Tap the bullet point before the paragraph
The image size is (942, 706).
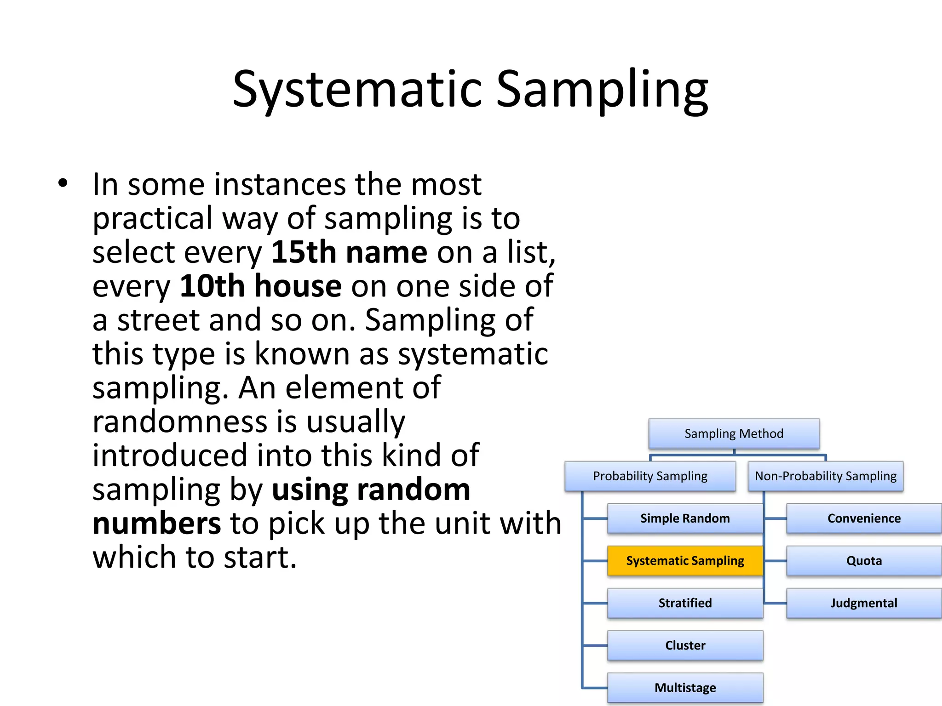tap(63, 183)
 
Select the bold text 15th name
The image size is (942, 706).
tap(349, 252)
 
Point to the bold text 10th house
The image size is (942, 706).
tap(260, 286)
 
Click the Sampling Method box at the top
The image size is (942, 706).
tap(734, 433)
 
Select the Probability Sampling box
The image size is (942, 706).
tap(650, 476)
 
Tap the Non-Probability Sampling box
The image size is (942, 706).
tap(825, 476)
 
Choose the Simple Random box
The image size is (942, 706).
tap(685, 518)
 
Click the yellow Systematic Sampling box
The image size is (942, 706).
tap(685, 561)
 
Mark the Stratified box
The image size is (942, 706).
tap(685, 603)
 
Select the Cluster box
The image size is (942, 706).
tap(685, 645)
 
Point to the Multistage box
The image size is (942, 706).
tap(685, 688)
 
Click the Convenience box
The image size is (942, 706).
tap(864, 518)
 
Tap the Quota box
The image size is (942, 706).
tap(864, 561)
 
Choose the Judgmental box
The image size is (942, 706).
tap(864, 603)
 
